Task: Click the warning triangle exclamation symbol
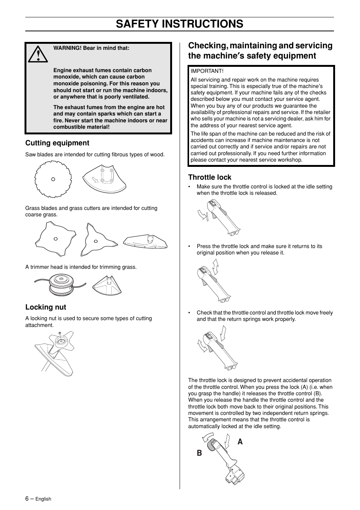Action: pos(38,54)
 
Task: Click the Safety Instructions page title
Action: pos(180,24)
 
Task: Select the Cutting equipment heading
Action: pos(57,143)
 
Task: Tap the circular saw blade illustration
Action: pos(53,179)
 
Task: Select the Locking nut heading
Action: pos(46,307)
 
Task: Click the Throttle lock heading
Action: pos(210,177)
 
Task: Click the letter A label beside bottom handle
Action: pos(240,441)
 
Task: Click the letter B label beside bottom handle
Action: pos(199,453)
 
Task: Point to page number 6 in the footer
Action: pos(27,498)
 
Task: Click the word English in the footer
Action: pos(43,499)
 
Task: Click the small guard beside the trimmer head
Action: pos(108,285)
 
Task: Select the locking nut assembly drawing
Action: pos(55,353)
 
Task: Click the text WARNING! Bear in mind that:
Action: pos(91,48)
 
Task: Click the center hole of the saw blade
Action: pos(53,179)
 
